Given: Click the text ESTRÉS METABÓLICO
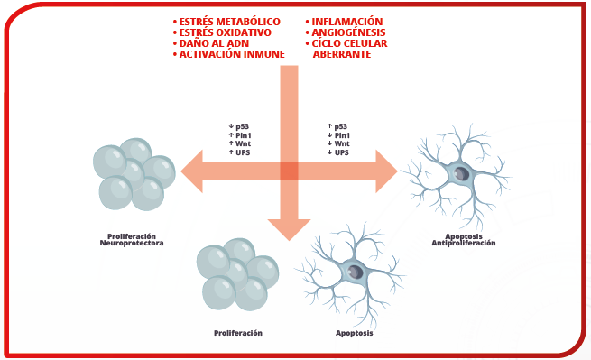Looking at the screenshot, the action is pos(229,22).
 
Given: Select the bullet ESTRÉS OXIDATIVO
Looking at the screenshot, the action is pos(225,32).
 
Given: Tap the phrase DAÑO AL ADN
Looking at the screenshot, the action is pos(214,43).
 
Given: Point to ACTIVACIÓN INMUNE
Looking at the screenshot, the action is pos(232,54).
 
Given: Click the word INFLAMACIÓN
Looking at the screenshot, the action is pos(346,22).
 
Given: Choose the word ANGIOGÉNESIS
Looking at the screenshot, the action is pos(348,32).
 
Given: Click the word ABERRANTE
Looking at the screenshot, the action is pos(341,54).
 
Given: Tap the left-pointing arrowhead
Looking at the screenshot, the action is pos(192,171).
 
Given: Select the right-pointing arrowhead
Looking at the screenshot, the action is pos(387,171).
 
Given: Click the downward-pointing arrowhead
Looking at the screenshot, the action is pos(289,229).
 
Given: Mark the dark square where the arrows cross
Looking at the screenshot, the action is pos(289,171).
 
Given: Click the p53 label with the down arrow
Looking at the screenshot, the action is pos(239,126).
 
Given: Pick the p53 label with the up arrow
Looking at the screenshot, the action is pos(337,126).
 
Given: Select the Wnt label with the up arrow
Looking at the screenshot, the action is pos(239,143).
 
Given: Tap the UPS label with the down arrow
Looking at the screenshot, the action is pos(338,152).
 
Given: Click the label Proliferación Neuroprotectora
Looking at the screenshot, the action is pos(132,240).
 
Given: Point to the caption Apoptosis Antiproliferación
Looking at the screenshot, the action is pos(464,240).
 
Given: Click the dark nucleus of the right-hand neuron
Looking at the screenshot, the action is pos(461,174).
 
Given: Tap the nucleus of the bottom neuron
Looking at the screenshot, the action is pos(356,272).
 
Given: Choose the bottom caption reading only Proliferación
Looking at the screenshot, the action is pos(238,333).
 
